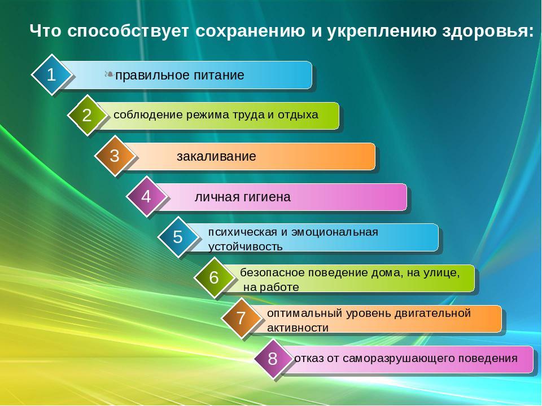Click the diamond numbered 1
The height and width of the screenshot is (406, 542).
click(51, 74)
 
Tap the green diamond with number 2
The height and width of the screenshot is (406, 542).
click(87, 115)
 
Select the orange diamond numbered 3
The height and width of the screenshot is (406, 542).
click(115, 156)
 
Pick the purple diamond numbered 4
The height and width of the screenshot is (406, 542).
click(146, 196)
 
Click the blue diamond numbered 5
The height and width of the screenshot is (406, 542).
click(178, 237)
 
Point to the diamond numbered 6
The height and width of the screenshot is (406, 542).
click(214, 277)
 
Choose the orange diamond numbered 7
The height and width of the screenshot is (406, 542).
click(241, 318)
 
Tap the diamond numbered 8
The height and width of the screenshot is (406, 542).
click(272, 359)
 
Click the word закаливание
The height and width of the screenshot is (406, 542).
click(216, 156)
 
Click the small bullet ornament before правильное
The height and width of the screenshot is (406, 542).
click(109, 74)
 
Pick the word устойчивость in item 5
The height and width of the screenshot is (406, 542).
click(246, 247)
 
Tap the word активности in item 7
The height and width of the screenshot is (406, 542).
click(298, 328)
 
